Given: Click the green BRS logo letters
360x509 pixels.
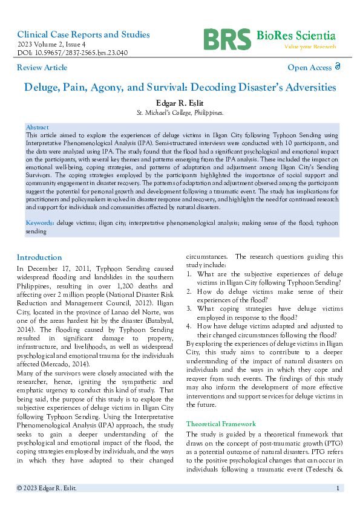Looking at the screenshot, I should [x=227, y=39].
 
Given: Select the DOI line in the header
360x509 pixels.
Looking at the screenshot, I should [x=72, y=53].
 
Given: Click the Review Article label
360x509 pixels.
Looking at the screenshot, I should [x=42, y=68].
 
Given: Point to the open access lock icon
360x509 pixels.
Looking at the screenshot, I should [x=338, y=67].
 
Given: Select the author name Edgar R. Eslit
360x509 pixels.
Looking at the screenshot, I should [x=180, y=103].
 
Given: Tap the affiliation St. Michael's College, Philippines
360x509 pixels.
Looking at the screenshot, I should [x=180, y=113].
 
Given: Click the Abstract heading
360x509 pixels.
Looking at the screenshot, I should [x=37, y=128].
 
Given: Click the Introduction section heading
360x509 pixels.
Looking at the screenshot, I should [x=39, y=257].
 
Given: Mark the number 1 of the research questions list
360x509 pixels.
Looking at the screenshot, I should [x=189, y=274].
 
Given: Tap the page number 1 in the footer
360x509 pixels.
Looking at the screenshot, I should [x=337, y=488].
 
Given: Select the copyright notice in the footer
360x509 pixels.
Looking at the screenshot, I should [x=47, y=488].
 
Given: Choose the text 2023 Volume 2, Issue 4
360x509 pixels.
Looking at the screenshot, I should [x=51, y=44].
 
